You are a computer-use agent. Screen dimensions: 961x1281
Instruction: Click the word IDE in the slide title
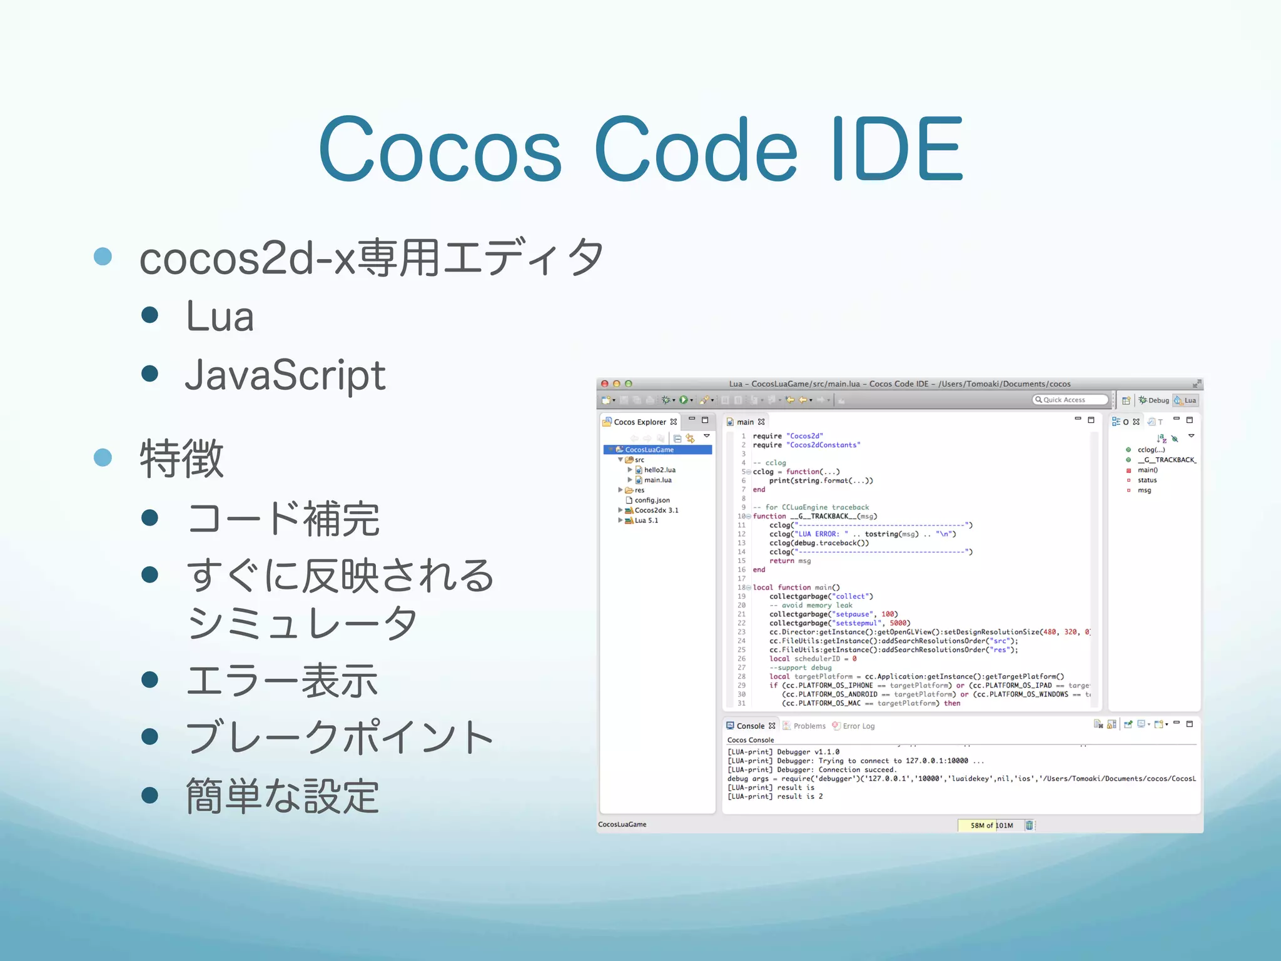[x=898, y=150]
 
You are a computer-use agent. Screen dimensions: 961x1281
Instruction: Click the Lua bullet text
[x=220, y=317]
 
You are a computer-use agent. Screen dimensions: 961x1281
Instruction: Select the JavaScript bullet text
[x=285, y=375]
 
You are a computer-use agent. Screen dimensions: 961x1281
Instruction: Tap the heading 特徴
[x=181, y=459]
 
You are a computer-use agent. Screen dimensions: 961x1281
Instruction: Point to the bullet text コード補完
[x=283, y=519]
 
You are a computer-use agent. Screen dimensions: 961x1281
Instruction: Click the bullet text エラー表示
[x=282, y=681]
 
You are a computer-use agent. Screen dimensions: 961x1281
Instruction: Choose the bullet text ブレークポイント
[x=340, y=738]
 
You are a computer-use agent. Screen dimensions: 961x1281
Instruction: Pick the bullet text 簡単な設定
[x=282, y=796]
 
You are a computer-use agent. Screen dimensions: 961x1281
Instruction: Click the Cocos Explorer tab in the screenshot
[x=639, y=422]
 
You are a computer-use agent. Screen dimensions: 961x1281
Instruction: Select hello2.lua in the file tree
[x=659, y=470]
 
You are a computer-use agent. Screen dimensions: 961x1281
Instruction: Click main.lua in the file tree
[x=657, y=480]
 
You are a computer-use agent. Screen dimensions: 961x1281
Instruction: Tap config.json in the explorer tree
[x=652, y=500]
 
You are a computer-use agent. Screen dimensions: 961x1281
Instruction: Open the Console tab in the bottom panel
[x=750, y=726]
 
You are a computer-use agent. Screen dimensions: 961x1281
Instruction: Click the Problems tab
[x=809, y=726]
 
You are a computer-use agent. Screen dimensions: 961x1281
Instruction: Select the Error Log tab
[x=858, y=726]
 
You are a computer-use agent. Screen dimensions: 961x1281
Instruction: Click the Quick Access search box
[x=1070, y=400]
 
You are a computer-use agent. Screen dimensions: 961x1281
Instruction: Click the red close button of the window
[x=605, y=384]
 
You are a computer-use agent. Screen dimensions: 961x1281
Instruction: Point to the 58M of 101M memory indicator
[x=991, y=825]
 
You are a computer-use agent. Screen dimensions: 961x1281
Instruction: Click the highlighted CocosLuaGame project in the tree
[x=649, y=450]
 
